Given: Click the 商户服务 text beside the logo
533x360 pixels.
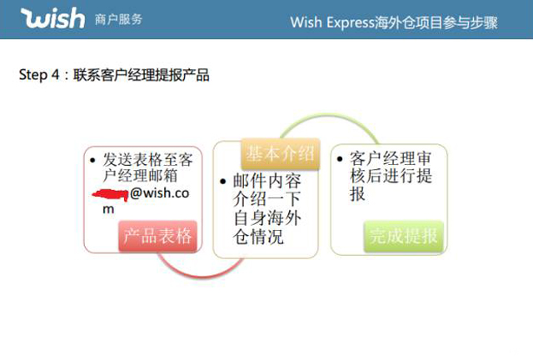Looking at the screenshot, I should click(x=119, y=19).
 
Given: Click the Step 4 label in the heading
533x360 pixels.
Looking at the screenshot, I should click(x=38, y=75).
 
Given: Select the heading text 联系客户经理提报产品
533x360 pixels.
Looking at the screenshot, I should click(x=142, y=75).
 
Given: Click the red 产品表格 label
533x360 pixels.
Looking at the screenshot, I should click(x=157, y=236).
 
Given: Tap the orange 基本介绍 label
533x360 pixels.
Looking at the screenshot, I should click(x=279, y=153).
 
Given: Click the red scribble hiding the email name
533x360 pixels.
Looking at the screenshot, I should click(x=110, y=193).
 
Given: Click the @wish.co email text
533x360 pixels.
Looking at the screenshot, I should click(x=163, y=193).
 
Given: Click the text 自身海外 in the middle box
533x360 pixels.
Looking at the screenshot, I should click(x=266, y=219).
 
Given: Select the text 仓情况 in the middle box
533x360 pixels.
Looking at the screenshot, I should click(x=258, y=237).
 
